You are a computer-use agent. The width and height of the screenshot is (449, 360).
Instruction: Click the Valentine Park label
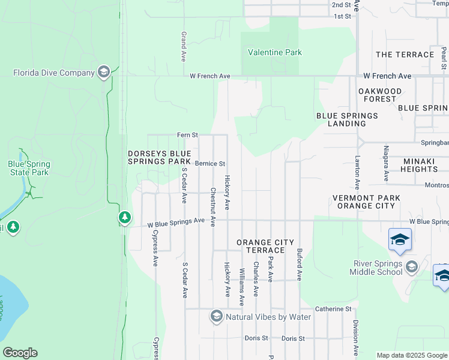tap(276, 53)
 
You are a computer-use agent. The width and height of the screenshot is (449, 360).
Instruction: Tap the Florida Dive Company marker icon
tap(104, 73)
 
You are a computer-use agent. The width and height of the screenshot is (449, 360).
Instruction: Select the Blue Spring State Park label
tap(29, 168)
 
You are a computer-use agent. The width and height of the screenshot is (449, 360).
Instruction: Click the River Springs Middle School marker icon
tap(411, 266)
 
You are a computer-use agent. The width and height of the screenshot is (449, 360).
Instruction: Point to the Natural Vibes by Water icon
tap(217, 316)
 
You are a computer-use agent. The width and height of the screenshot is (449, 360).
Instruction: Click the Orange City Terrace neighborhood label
tap(265, 246)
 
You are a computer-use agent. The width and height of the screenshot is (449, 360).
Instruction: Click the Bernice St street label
tap(209, 163)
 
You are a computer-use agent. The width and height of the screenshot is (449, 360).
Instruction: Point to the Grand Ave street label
tap(184, 47)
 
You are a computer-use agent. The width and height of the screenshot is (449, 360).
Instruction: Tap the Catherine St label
tap(333, 309)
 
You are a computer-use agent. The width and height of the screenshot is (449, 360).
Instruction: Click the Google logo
tap(20, 353)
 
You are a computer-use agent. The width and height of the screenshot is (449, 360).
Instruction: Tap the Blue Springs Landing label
tap(347, 119)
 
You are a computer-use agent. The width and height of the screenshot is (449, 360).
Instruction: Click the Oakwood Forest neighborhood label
tap(377, 95)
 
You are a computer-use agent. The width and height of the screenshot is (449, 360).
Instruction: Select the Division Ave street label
tap(356, 337)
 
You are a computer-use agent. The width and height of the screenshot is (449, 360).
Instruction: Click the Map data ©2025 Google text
tap(412, 355)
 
